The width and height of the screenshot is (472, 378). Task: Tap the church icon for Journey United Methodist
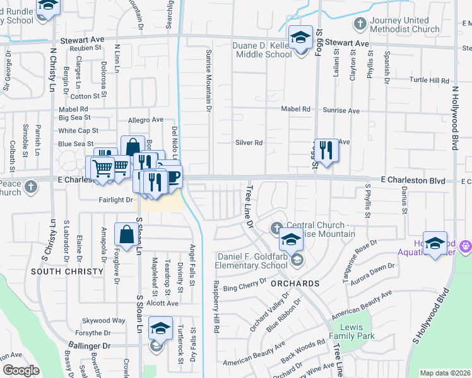360,25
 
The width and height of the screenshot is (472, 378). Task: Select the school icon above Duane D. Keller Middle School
300,36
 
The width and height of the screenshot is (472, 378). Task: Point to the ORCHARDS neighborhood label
295,283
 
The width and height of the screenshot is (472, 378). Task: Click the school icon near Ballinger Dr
160,328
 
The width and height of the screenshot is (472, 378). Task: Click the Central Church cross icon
276,227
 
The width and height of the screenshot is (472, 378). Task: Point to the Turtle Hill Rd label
429,81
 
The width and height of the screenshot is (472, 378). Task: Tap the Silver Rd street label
249,142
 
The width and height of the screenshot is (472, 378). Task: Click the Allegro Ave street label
146,120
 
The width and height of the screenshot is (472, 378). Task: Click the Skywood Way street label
108,320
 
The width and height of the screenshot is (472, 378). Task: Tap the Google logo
21,370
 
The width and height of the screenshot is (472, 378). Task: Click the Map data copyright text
445,373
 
